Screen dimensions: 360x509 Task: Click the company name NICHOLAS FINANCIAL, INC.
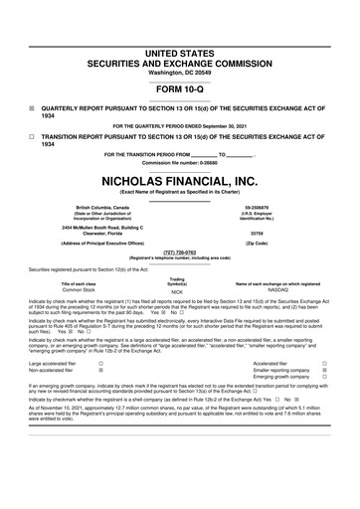179,183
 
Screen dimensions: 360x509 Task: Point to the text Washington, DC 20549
179,45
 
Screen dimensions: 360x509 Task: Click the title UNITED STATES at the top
179,22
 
